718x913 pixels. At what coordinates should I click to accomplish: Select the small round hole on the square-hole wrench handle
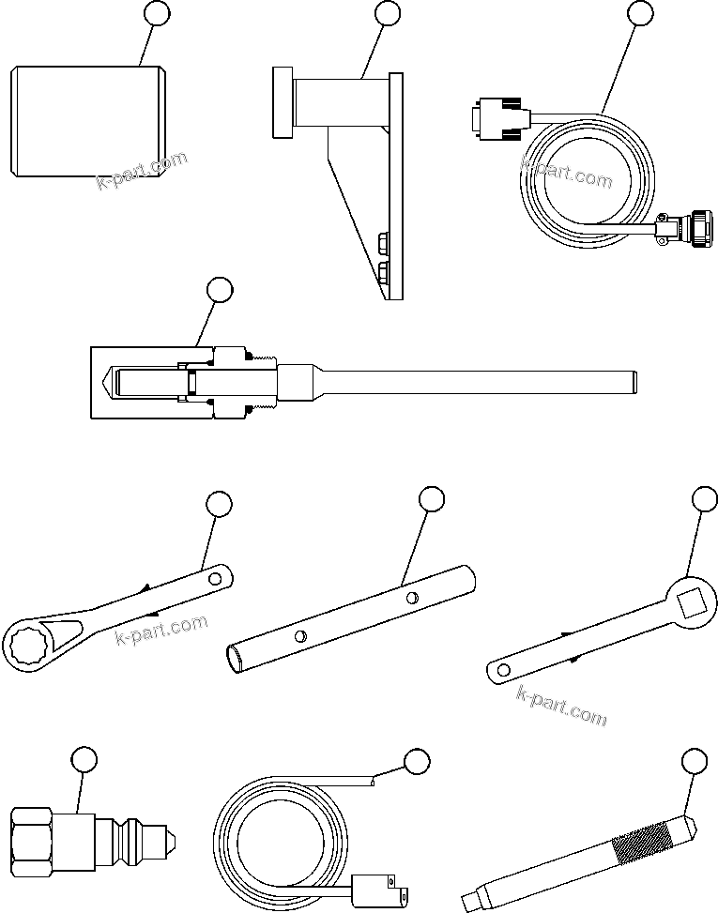pyautogui.click(x=504, y=669)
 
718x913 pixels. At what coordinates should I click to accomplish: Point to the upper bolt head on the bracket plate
pyautogui.click(x=383, y=243)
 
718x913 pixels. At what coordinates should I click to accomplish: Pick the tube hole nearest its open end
pyautogui.click(x=298, y=635)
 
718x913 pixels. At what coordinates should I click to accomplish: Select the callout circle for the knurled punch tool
pyautogui.click(x=694, y=760)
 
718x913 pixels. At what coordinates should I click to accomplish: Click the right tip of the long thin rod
pyautogui.click(x=634, y=381)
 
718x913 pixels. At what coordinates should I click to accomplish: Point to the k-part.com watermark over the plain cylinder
pyautogui.click(x=143, y=170)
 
